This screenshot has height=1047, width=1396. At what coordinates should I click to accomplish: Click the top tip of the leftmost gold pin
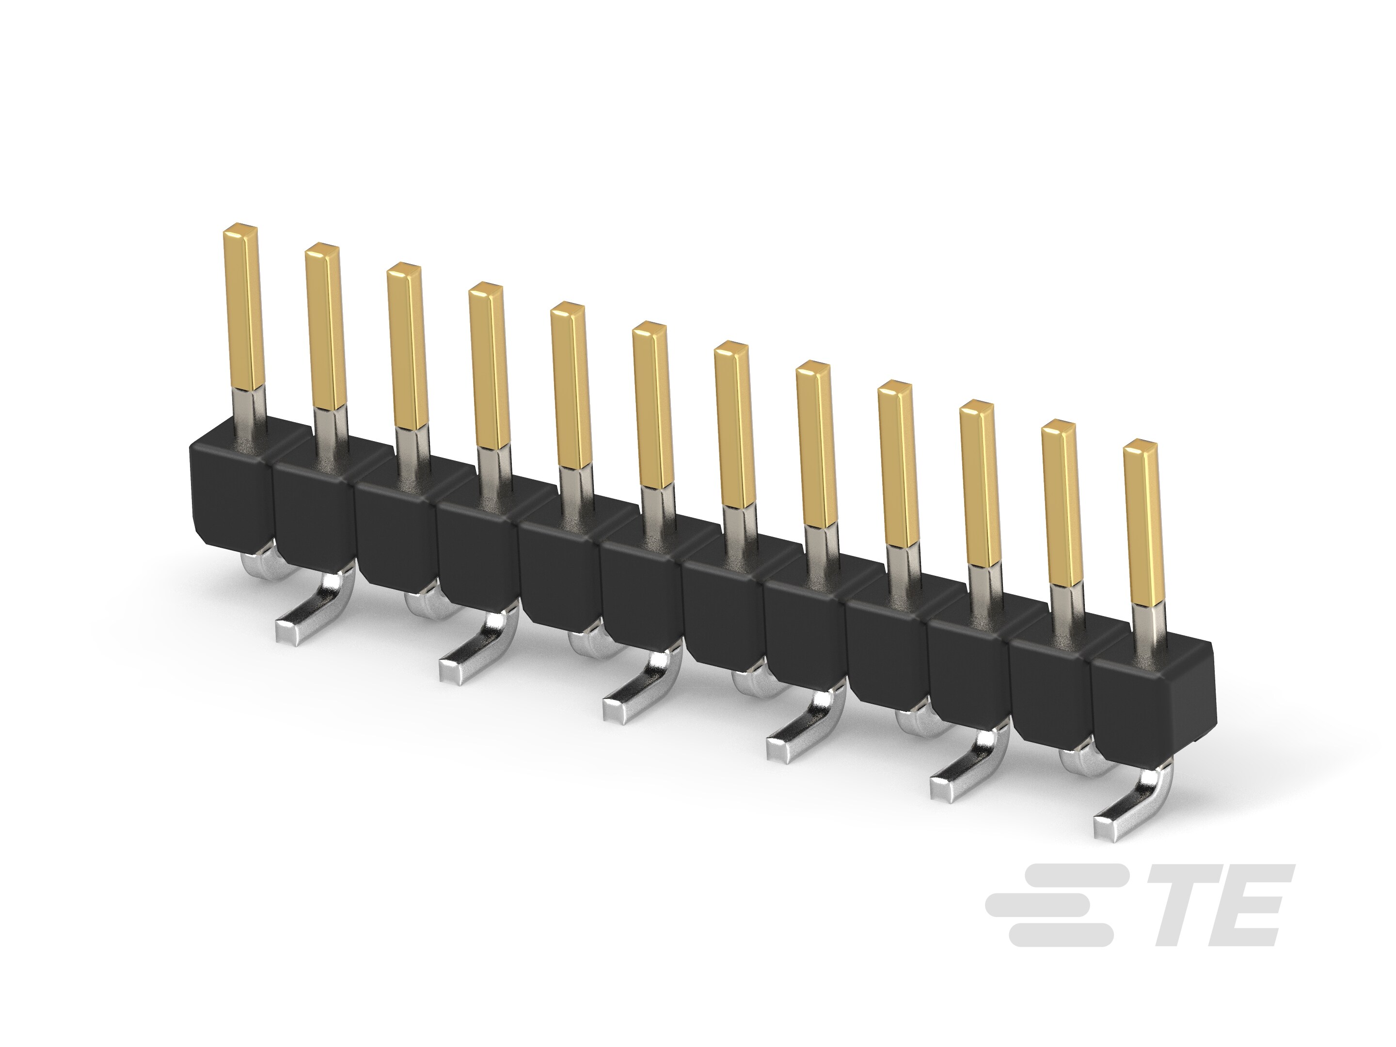point(241,228)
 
